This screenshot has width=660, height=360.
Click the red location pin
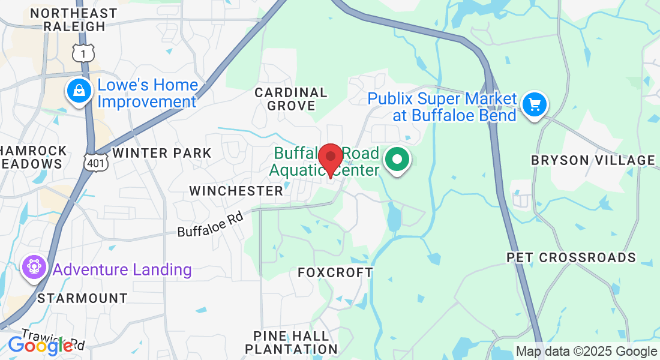point(330,158)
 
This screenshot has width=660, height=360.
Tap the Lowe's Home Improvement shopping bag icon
point(79,91)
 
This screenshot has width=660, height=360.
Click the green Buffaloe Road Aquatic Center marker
point(397,161)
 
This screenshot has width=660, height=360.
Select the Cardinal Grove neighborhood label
point(291,99)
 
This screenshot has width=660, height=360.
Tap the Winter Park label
point(162,153)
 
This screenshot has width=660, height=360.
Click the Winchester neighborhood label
point(236,191)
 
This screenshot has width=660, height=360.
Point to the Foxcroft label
point(335,272)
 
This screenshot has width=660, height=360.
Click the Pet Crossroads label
point(571,257)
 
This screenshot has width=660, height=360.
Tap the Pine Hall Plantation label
point(292,342)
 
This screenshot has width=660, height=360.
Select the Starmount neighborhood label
point(82,298)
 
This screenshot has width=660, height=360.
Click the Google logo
point(40,345)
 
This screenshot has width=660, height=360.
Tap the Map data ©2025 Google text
point(586,352)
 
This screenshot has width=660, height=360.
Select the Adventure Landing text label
point(122,270)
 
